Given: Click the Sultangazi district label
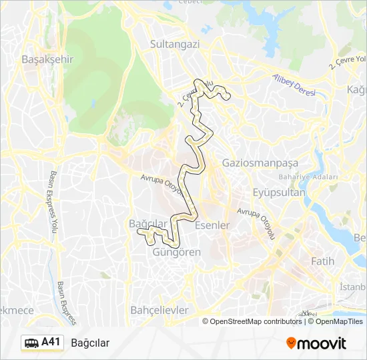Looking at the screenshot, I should [x=175, y=44].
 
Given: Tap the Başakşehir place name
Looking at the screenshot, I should [x=47, y=59].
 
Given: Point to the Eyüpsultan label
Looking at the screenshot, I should [x=279, y=193].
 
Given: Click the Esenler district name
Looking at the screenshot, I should [x=212, y=225].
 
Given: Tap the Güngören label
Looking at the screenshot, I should [x=177, y=253].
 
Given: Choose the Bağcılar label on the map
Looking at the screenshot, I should [x=146, y=223].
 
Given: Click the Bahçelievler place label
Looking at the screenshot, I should [x=159, y=310].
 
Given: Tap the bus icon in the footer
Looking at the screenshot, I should [x=31, y=343].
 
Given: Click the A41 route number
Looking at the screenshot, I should [x=51, y=343].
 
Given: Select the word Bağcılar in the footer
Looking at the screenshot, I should [x=89, y=343].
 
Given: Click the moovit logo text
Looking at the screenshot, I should [x=322, y=343].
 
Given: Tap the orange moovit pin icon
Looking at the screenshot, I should [x=291, y=343].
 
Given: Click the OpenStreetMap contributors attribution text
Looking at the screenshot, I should [x=256, y=321].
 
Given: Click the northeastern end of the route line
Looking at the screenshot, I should [x=228, y=97].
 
